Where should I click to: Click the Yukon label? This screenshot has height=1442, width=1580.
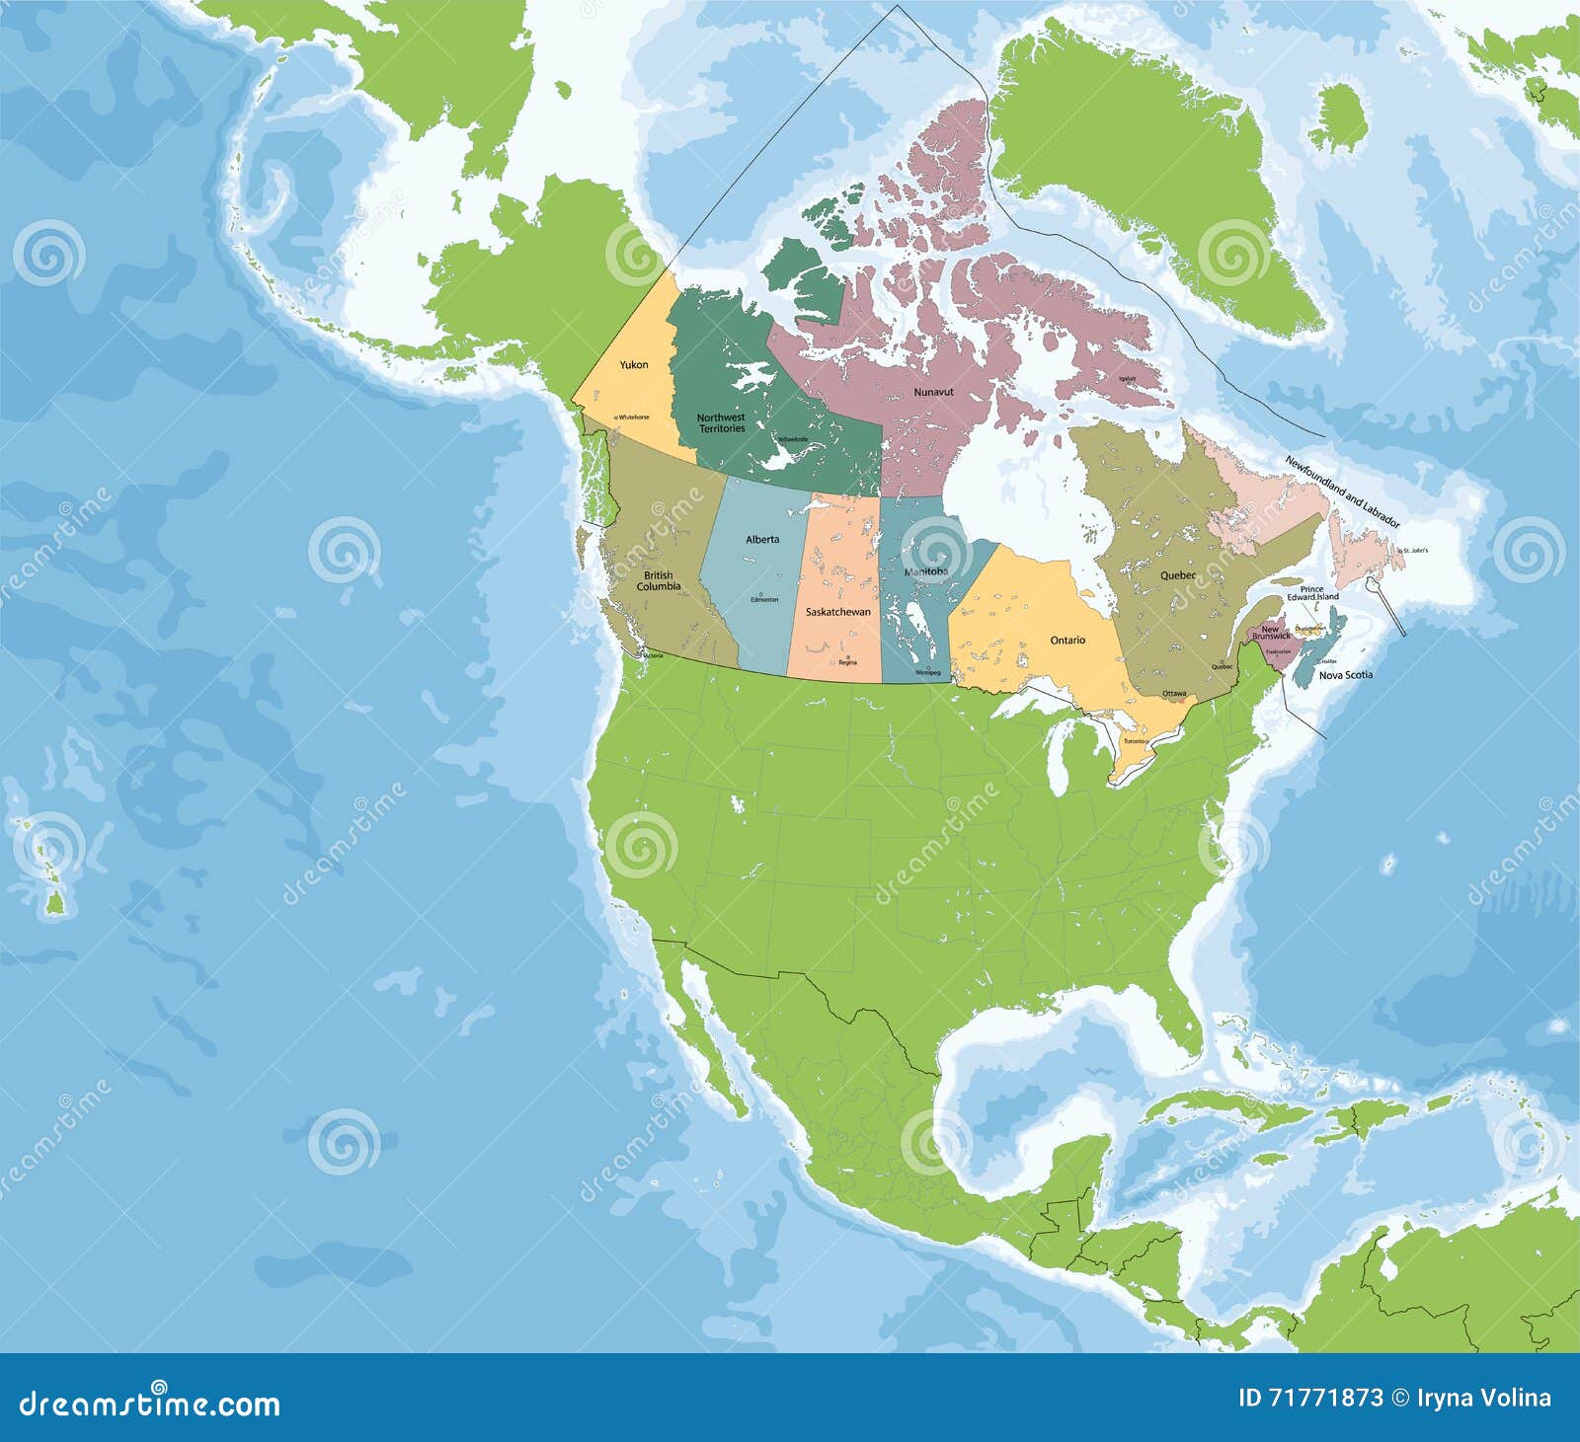(634, 365)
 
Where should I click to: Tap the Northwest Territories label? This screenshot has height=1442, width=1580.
(721, 423)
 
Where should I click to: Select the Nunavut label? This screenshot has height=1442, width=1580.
(933, 393)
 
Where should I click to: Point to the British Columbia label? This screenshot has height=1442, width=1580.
(658, 581)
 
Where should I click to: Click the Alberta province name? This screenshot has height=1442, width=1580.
(762, 539)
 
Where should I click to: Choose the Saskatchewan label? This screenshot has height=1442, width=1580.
(838, 612)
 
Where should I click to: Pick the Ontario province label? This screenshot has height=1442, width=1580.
(1067, 641)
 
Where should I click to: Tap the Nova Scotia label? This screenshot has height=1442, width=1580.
(1346, 675)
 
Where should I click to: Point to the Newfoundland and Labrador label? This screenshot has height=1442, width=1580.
(1342, 494)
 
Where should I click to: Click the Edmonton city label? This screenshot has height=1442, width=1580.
(764, 600)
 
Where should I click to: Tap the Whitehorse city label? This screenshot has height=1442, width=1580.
(633, 417)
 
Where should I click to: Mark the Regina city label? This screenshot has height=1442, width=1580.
(847, 662)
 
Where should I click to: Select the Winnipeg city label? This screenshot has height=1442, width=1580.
(927, 673)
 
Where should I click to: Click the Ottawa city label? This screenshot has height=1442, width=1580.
(1174, 694)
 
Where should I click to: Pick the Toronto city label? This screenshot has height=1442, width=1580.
(1134, 741)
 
